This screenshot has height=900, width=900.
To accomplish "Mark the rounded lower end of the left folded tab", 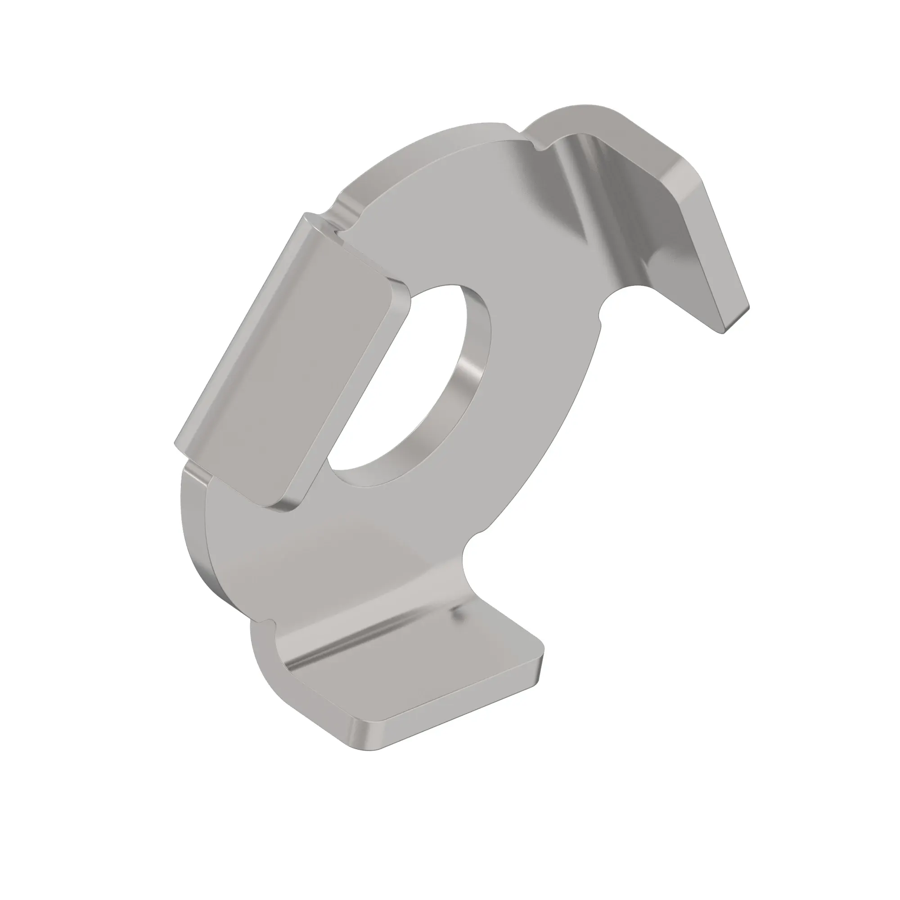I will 279,503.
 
